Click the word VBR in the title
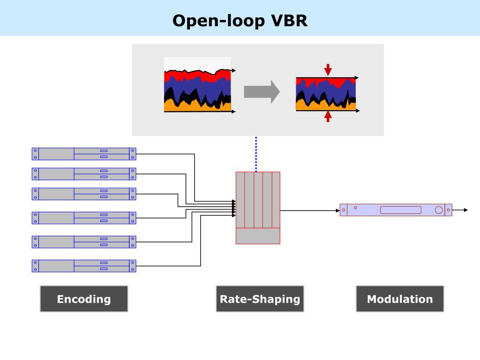coord(289,21)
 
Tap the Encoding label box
coord(84,299)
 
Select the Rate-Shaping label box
coord(260,299)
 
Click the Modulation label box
coord(400,299)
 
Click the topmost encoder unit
coord(84,154)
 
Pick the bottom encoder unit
coord(84,266)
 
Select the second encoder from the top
coord(84,174)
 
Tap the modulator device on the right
coord(396,210)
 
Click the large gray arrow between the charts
coord(262,92)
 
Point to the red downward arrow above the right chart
coord(328,70)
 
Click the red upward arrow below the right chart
coord(328,116)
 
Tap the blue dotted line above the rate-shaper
coord(256,154)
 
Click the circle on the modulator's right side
coord(439,210)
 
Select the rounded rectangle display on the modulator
coord(400,210)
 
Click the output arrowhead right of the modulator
coord(466,210)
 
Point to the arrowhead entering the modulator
coord(337,210)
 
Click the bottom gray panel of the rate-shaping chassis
coord(258,236)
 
